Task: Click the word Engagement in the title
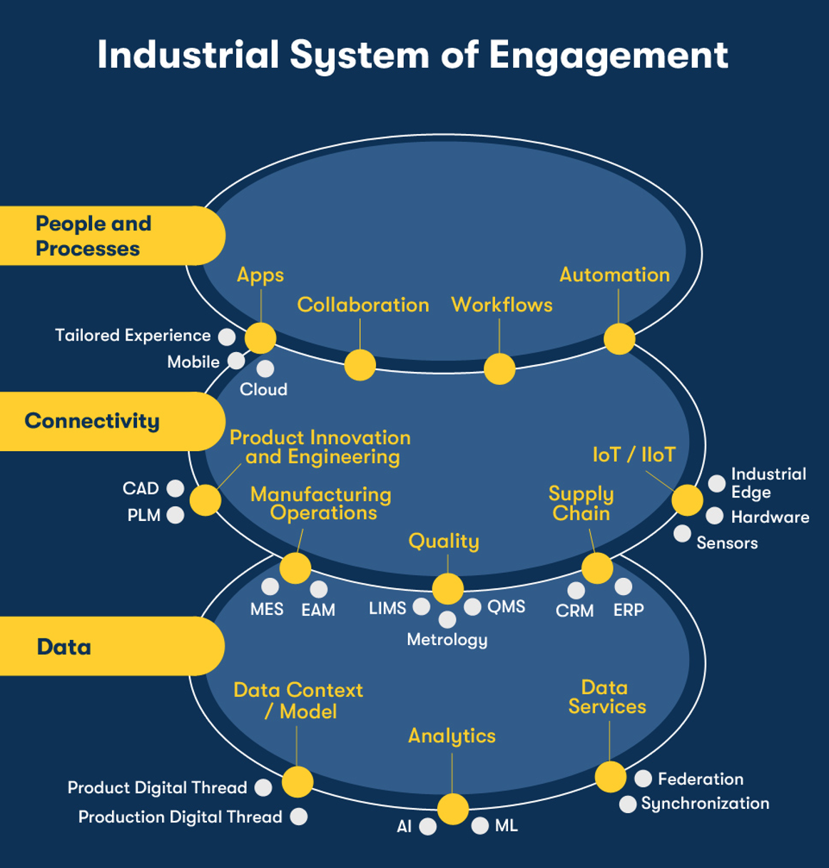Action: click(608, 56)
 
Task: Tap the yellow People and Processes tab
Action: click(107, 236)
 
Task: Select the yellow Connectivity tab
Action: click(107, 421)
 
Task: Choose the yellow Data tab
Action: click(107, 646)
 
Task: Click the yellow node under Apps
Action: click(260, 338)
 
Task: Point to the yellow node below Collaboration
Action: click(360, 365)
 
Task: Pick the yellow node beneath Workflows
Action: click(499, 368)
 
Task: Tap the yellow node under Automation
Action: click(619, 339)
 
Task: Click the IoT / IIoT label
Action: click(634, 455)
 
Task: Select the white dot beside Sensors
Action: click(682, 533)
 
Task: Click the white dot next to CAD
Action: click(176, 488)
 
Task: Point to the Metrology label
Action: click(447, 639)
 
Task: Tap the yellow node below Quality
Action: click(448, 589)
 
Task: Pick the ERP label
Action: click(629, 610)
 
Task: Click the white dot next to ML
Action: click(480, 825)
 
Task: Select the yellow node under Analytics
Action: click(452, 809)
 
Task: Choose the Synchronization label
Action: click(705, 803)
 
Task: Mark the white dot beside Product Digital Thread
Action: click(263, 787)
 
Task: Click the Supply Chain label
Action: click(581, 503)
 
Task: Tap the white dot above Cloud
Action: click(265, 368)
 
